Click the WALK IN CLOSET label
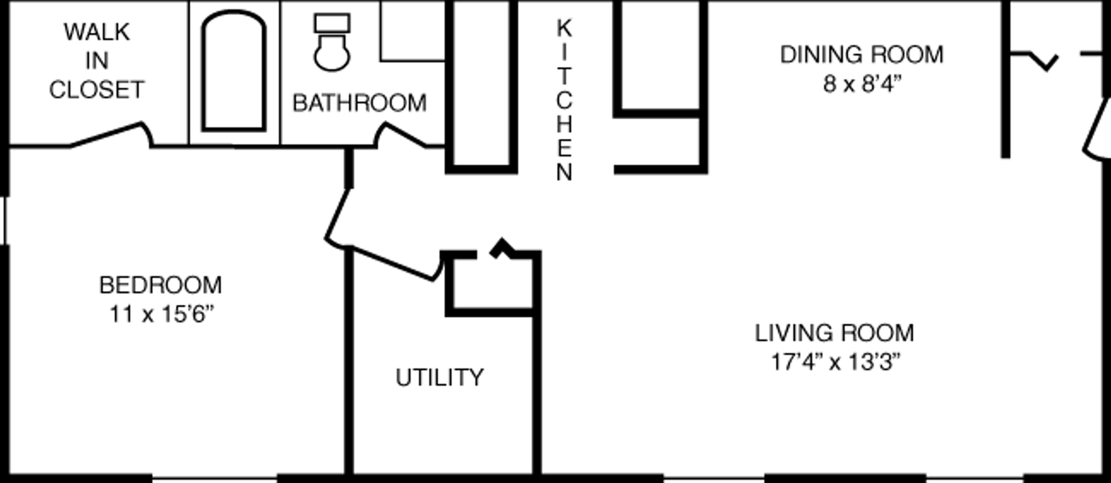96,61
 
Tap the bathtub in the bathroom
233,71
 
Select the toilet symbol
332,43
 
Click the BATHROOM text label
359,103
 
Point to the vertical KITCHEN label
564,100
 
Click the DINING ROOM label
862,55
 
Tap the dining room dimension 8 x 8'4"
862,84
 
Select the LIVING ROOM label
834,333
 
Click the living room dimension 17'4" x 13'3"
835,362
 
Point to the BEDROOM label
161,285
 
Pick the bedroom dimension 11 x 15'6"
161,314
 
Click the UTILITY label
439,377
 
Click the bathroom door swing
401,135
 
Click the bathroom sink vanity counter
412,30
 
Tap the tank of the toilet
332,23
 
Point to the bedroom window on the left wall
5,221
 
